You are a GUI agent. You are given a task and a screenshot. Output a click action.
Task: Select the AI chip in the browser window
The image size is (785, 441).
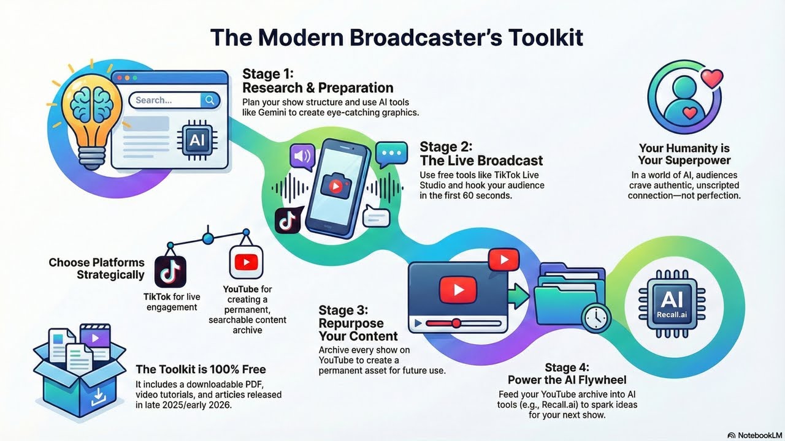point(196,140)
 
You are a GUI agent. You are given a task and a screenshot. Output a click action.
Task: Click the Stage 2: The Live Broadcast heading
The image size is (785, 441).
point(481,154)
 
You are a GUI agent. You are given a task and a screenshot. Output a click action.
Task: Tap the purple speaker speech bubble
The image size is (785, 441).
point(301,157)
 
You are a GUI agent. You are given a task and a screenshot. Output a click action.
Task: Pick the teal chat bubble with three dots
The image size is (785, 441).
point(391,153)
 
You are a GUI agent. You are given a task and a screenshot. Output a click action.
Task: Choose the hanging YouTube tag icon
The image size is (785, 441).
point(245,262)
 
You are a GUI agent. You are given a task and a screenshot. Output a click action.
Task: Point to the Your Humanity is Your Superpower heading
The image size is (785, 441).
point(684,154)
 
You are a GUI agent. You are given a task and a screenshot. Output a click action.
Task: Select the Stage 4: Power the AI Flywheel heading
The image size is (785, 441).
point(567,374)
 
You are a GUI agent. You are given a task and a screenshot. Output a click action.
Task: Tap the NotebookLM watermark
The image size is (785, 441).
point(752,435)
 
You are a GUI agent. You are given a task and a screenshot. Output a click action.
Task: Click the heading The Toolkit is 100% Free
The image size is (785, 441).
point(201,369)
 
